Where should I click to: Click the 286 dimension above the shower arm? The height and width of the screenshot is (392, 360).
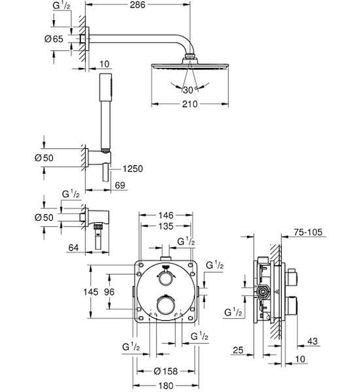click(x=137, y=5)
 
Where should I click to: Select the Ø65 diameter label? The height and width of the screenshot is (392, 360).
click(x=54, y=39)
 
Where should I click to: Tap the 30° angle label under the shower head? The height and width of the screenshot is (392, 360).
click(x=189, y=90)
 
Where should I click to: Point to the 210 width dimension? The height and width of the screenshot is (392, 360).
click(x=189, y=104)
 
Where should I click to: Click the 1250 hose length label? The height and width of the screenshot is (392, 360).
click(x=133, y=169)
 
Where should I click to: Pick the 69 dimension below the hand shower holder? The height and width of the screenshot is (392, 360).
click(x=120, y=186)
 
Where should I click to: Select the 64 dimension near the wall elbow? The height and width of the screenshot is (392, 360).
click(x=73, y=248)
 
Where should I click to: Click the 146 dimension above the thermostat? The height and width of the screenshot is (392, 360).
click(x=166, y=215)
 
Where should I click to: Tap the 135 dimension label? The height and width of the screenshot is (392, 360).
click(x=166, y=226)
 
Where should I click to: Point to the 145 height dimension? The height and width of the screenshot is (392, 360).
click(x=91, y=292)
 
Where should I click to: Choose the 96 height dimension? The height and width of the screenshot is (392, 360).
click(x=109, y=292)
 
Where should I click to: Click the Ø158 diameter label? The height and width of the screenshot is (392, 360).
click(x=166, y=371)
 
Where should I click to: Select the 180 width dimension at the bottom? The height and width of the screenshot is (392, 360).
click(x=166, y=385)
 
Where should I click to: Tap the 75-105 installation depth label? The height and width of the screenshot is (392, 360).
click(x=308, y=232)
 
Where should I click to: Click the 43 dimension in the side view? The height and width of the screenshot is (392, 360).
click(x=312, y=341)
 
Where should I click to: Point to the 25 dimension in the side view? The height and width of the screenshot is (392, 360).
click(x=238, y=350)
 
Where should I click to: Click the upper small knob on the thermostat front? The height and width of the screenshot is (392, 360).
click(x=166, y=278)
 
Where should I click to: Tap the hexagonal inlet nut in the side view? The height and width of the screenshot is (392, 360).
click(x=263, y=291)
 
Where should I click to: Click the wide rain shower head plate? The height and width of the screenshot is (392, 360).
click(x=189, y=65)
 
